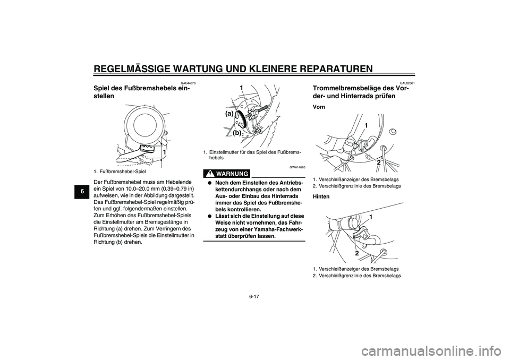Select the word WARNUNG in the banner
click(x=232, y=174)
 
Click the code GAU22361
click(x=407, y=83)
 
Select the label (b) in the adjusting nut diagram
click(x=237, y=133)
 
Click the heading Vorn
click(x=320, y=107)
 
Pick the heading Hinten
click(x=321, y=196)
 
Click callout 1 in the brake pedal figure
click(x=165, y=152)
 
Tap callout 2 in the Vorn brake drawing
click(x=378, y=161)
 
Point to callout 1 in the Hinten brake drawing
click(x=370, y=218)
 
